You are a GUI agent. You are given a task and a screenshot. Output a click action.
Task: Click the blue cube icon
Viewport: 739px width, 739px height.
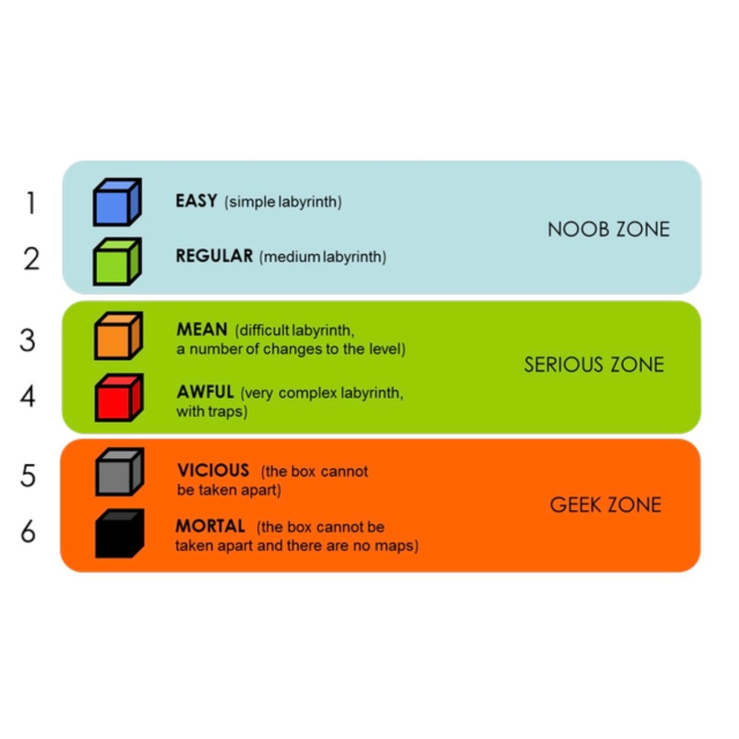point(118,202)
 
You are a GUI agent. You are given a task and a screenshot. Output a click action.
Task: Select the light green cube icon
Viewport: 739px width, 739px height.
point(118,262)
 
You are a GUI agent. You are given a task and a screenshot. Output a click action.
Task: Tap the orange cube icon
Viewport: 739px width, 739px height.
point(118,336)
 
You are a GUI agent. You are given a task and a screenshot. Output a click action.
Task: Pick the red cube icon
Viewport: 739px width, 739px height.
point(119,397)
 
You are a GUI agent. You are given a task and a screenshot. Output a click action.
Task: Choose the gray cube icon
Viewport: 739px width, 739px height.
point(119,472)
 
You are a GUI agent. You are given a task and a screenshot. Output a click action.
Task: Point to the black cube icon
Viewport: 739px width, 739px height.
point(119,533)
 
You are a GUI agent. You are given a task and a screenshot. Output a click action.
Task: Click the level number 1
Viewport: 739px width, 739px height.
point(31,203)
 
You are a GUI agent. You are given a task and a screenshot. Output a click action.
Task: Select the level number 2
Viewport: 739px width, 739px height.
point(31,259)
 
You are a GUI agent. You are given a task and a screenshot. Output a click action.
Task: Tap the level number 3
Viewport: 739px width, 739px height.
point(28,340)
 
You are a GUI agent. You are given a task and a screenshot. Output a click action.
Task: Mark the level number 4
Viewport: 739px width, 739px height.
point(28,396)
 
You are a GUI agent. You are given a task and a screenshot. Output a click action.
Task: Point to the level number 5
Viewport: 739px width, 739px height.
point(28,476)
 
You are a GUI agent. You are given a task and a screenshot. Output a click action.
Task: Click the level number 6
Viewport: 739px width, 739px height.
point(28,532)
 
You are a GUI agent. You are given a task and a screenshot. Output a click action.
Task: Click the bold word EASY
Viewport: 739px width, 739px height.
point(196,201)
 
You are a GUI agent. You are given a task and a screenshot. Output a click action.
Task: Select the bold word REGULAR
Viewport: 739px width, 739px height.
point(214,256)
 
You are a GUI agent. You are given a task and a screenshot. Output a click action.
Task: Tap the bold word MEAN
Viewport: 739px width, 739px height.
point(202,329)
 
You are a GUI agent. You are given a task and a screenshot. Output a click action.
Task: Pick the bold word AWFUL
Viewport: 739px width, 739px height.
point(205,392)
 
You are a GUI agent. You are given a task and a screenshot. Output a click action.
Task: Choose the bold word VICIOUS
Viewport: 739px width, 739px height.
point(213,470)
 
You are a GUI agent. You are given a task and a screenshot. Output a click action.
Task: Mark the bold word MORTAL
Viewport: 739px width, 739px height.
point(210,526)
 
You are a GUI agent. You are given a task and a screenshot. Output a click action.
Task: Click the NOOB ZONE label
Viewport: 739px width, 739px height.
point(608,229)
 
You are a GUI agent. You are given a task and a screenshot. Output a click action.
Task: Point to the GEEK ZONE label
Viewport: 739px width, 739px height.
point(605,505)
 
